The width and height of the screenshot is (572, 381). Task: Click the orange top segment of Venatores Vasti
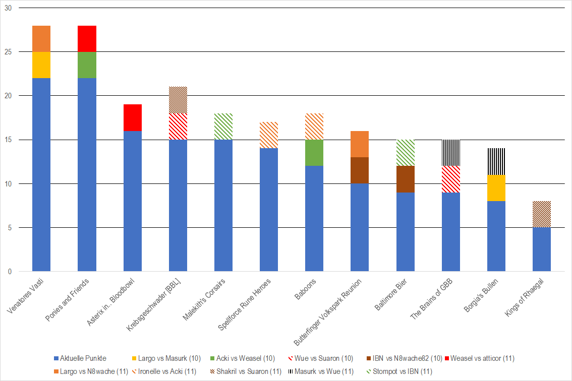(x=41, y=38)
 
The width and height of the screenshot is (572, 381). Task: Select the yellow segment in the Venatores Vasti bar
(x=41, y=65)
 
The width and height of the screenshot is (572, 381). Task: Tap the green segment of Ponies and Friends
(x=87, y=65)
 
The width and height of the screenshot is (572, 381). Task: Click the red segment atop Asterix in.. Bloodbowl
(x=132, y=117)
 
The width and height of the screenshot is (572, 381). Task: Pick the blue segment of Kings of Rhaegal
(x=542, y=249)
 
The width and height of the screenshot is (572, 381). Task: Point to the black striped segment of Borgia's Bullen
(x=496, y=162)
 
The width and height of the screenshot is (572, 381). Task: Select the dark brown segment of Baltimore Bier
(x=405, y=179)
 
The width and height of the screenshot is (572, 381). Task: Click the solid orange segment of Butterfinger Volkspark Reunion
(x=360, y=144)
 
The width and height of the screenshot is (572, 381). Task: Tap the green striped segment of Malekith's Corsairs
(x=223, y=126)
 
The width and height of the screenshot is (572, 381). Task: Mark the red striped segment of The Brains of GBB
(x=450, y=179)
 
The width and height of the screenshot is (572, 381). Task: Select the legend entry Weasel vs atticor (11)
(x=482, y=358)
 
